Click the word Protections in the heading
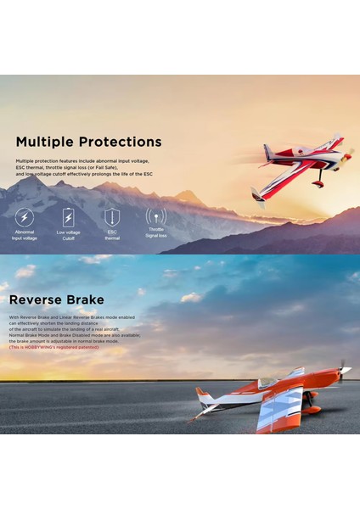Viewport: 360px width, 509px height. pyautogui.click(x=120, y=142)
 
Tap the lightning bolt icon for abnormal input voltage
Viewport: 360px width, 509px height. pyautogui.click(x=25, y=216)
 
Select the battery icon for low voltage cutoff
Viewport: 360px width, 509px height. pyautogui.click(x=69, y=217)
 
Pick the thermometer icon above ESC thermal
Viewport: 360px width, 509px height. pyautogui.click(x=112, y=216)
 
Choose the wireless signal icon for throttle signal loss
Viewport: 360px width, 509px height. pyautogui.click(x=156, y=216)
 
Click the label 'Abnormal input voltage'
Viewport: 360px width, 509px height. pyautogui.click(x=25, y=235)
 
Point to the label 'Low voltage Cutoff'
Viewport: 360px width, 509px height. pyautogui.click(x=69, y=235)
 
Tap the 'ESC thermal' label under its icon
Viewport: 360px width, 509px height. pyautogui.click(x=112, y=235)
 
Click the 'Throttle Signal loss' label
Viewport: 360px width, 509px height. pyautogui.click(x=156, y=232)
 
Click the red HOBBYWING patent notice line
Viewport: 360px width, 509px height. pyautogui.click(x=53, y=347)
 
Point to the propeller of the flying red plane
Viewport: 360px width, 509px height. pyautogui.click(x=349, y=154)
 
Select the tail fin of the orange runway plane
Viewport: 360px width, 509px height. pyautogui.click(x=204, y=395)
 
